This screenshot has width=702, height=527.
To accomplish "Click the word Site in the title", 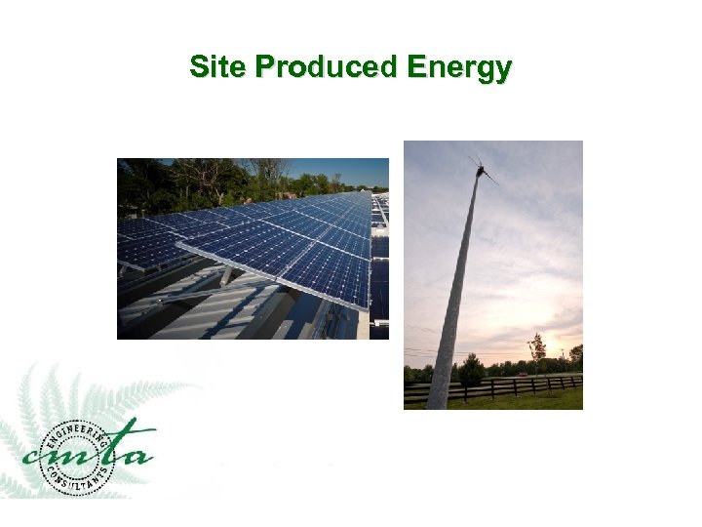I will coord(218,67).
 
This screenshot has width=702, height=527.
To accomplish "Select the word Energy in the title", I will coord(459,68).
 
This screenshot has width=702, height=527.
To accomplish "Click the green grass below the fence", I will coord(526,401).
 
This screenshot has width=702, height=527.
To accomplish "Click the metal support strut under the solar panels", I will coord(226,276).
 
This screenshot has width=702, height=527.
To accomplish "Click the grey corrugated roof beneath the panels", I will coord(195,317).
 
